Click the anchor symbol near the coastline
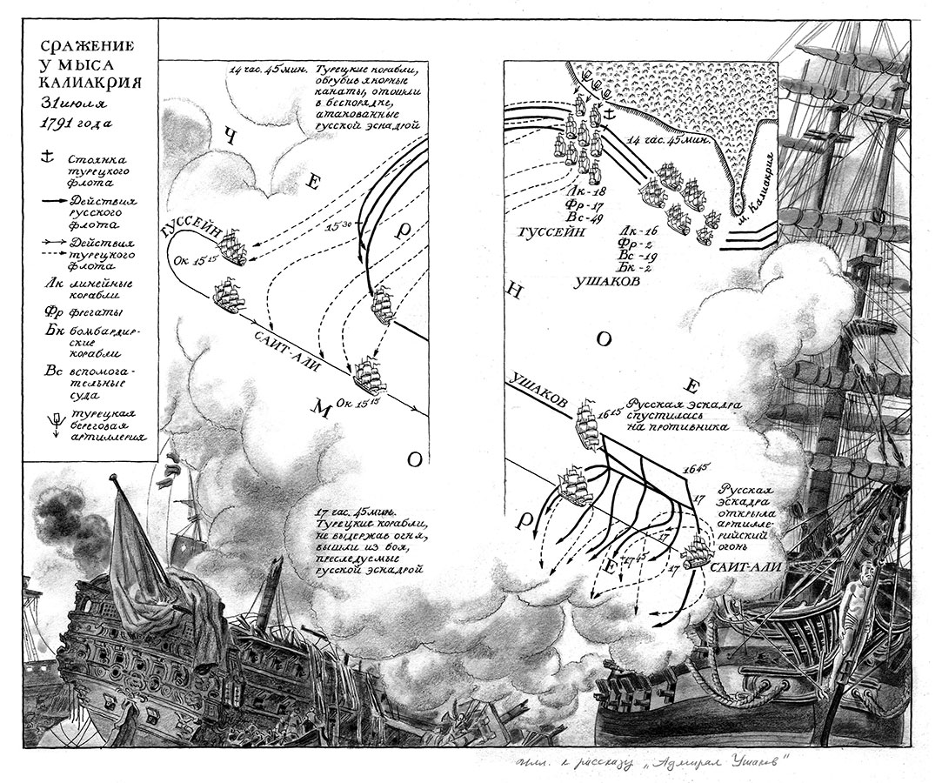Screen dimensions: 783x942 609,112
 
